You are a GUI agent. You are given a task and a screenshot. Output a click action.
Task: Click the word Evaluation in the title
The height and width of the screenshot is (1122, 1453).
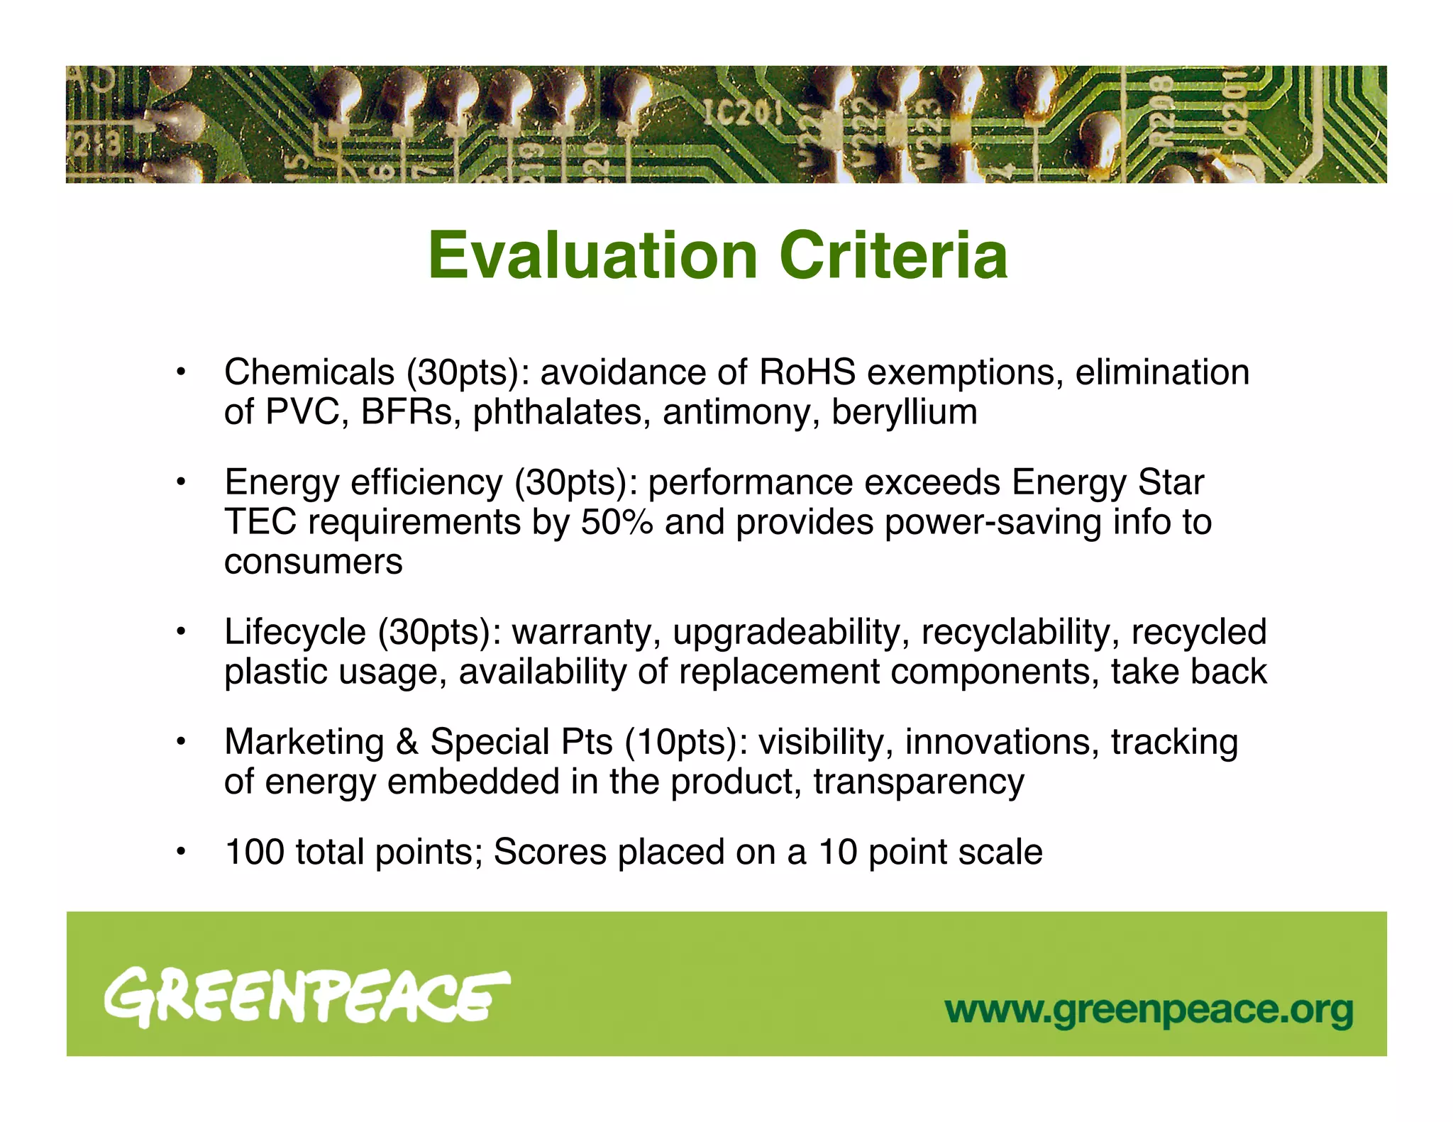(593, 256)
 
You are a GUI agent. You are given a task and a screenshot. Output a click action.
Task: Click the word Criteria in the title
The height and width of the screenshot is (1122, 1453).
(893, 256)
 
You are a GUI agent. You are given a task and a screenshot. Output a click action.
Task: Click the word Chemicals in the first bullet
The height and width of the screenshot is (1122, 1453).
(309, 372)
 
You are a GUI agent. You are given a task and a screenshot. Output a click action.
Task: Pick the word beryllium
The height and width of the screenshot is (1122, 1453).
(905, 412)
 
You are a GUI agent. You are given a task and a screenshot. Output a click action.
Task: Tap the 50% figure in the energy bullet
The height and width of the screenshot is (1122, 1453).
(617, 523)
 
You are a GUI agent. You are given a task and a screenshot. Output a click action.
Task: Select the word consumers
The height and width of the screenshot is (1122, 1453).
(313, 562)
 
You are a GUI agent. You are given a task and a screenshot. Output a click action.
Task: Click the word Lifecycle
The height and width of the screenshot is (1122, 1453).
(295, 632)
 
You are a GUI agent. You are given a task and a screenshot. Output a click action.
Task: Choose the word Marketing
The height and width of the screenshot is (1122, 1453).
(304, 743)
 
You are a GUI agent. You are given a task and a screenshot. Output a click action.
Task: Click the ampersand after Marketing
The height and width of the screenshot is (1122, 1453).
(407, 743)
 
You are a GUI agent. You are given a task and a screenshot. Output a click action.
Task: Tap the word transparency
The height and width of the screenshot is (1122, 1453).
(919, 782)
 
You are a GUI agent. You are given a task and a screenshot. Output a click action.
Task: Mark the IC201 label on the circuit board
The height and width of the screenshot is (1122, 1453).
(742, 113)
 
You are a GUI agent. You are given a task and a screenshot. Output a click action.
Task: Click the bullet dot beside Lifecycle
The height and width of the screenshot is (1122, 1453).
(182, 631)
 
